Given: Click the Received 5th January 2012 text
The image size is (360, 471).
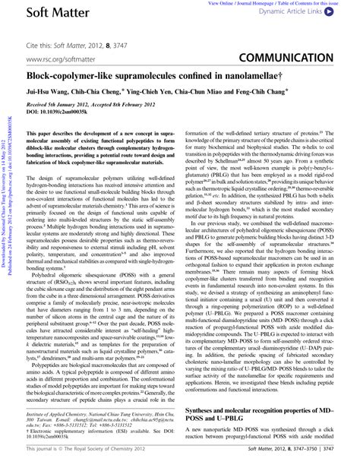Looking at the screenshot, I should tap(53, 105).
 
